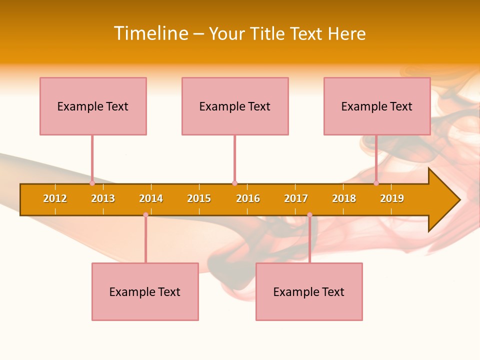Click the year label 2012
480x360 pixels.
click(55, 198)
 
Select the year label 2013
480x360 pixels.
click(103, 198)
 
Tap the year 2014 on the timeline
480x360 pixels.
click(151, 198)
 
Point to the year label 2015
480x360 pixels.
click(199, 198)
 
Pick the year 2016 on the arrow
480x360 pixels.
click(248, 198)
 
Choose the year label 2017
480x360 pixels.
click(296, 198)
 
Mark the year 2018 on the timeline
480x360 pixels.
click(344, 198)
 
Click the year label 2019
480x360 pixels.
click(392, 198)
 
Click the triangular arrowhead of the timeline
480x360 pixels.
click(442, 200)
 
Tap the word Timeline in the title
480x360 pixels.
click(150, 33)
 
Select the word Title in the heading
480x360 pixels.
click(268, 33)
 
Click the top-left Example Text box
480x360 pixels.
click(93, 106)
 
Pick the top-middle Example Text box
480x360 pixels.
click(235, 106)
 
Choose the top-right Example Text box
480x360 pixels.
click(377, 106)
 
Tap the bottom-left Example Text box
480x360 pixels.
click(145, 291)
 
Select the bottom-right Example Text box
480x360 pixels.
click(309, 291)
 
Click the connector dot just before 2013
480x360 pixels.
click(92, 183)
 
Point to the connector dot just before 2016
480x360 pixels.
click(234, 183)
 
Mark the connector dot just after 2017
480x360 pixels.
click(309, 215)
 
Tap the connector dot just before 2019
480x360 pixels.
click(376, 183)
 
